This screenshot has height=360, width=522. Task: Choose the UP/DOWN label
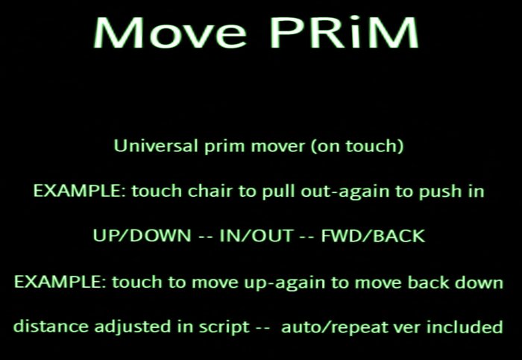[142, 236]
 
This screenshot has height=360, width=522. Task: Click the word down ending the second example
[485, 282]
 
